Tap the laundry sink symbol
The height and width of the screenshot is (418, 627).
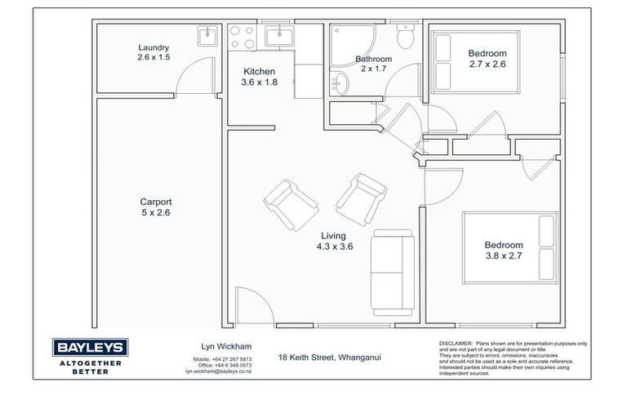[x=207, y=35]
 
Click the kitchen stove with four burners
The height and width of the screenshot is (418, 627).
[x=242, y=37]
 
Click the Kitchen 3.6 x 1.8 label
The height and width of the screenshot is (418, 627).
[x=258, y=77]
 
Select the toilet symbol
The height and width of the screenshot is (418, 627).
[x=405, y=37]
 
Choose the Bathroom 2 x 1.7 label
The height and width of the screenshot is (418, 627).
[x=373, y=64]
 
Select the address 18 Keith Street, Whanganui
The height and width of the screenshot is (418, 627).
[x=329, y=357]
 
